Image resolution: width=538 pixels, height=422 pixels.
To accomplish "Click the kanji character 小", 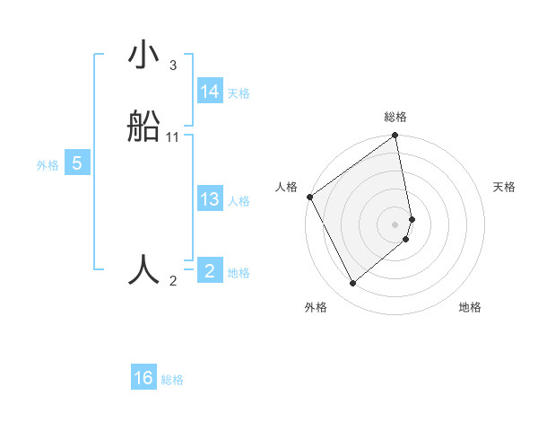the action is coord(144,57).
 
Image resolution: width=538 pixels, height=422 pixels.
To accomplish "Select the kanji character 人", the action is coord(144,270).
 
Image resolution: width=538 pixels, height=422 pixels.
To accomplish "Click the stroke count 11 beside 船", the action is coord(173,137).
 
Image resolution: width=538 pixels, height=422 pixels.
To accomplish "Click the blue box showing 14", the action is coord(210,92).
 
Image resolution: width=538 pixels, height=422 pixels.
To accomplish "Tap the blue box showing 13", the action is coord(210,199).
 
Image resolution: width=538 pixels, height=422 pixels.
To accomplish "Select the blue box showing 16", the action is coord(143,378).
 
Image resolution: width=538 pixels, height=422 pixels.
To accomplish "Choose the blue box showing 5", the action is coord(77,163).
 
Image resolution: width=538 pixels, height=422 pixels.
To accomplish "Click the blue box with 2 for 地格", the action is coord(210,270).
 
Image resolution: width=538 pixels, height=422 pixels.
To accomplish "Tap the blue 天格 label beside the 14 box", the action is coord(239,93).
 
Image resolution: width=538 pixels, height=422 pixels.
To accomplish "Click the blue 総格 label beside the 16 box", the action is coord(172,380).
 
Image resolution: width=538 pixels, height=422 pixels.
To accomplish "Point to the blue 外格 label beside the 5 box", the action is coord(48,165).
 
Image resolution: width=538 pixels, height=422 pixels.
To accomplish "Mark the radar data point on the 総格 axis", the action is coord(395,136).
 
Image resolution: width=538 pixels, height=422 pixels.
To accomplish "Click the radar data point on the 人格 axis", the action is coord(310,197).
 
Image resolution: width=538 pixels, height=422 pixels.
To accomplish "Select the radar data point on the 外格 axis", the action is coord(352,283).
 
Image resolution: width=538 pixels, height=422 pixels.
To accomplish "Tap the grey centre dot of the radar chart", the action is coord(395,224).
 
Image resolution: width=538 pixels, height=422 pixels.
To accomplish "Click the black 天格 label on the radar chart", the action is coord(504,187).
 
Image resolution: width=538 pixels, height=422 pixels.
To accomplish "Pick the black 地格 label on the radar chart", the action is coord(470,307).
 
